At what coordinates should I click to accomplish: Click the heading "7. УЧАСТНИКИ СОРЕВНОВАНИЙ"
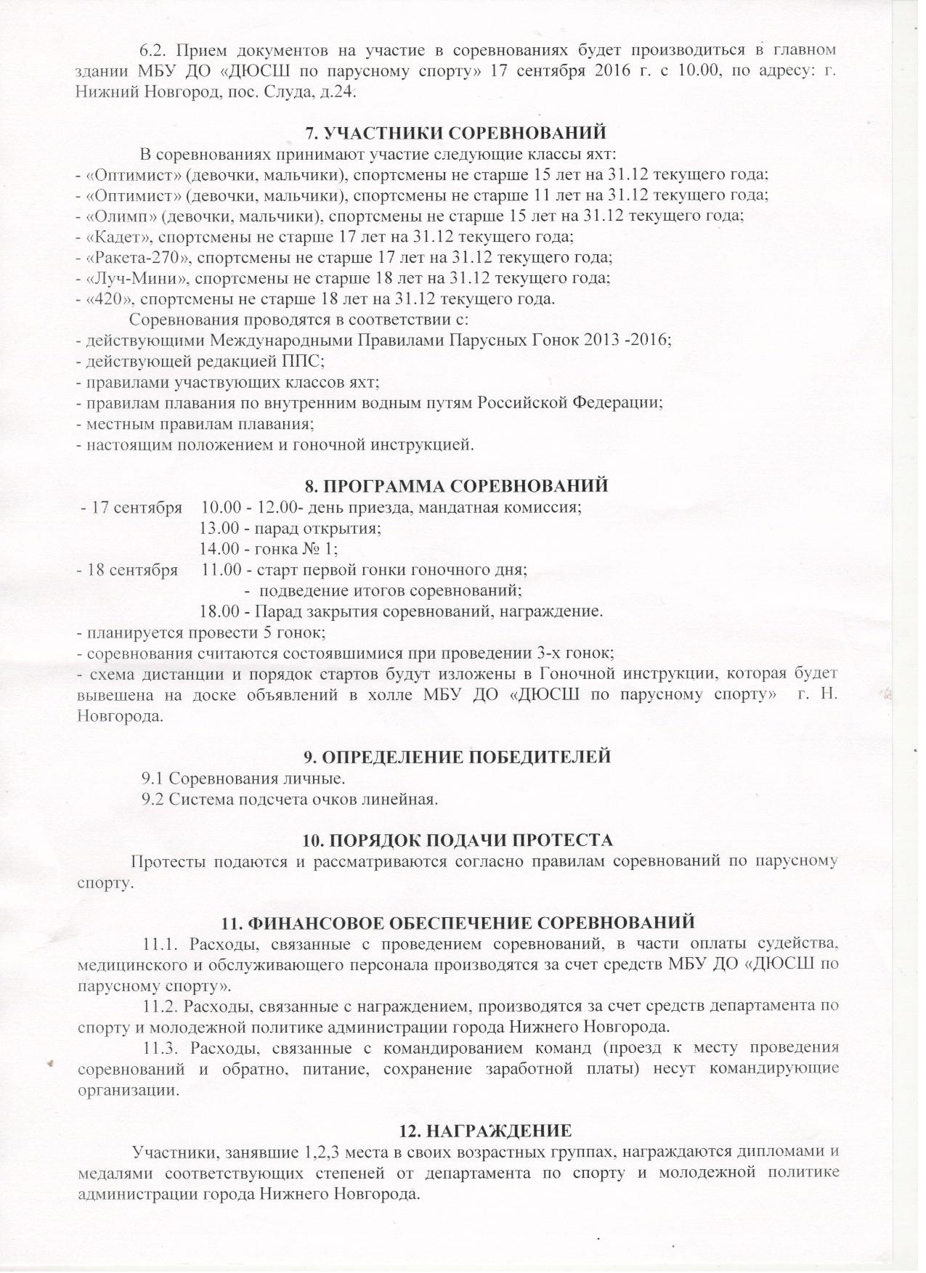tap(455, 133)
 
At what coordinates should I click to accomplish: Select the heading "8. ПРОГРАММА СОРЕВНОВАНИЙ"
tap(455, 486)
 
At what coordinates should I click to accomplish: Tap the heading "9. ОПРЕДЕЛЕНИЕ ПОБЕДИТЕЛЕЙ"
tap(457, 757)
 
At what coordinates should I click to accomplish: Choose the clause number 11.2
tap(160, 1006)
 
